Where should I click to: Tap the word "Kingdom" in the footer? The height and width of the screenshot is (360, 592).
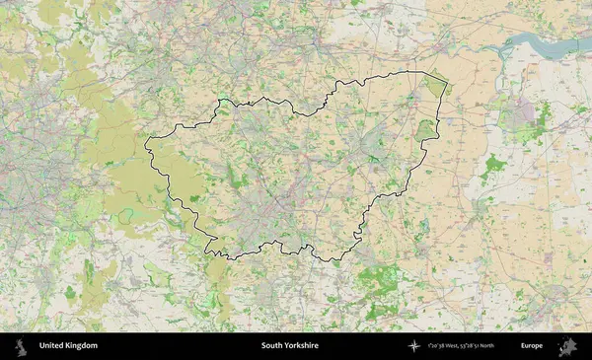82,346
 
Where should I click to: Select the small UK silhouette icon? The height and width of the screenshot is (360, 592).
20,346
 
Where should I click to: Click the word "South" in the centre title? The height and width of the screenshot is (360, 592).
273,346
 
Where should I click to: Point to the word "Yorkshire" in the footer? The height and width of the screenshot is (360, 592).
305,346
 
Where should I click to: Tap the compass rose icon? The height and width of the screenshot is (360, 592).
414,346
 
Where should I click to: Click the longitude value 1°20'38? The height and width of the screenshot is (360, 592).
440,346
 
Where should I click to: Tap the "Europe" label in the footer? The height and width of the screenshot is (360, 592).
532,346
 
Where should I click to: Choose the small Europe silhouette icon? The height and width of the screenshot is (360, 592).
567,346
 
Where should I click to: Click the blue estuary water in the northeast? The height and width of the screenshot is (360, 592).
538,43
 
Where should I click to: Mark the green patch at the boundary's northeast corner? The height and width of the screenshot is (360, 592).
435,86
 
